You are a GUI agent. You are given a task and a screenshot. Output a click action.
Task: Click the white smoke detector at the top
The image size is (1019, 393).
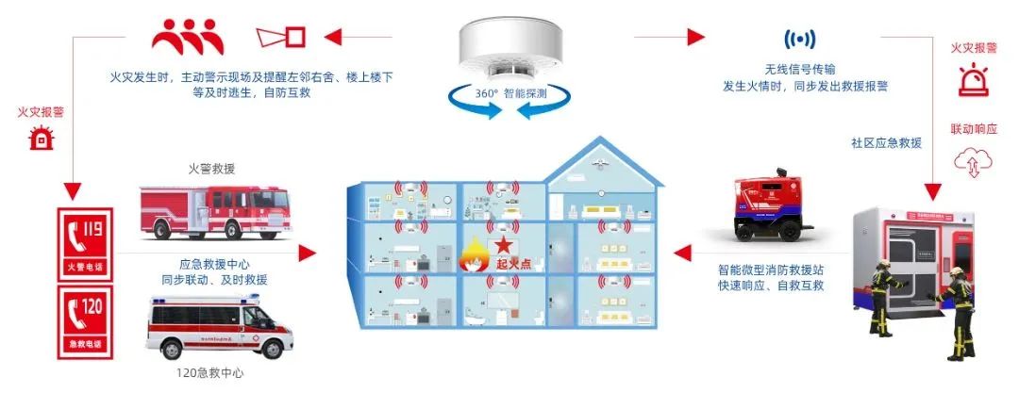(509, 48)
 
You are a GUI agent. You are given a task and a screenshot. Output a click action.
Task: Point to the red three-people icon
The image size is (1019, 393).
(189, 36)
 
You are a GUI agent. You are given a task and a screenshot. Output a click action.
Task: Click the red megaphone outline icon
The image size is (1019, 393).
(282, 37)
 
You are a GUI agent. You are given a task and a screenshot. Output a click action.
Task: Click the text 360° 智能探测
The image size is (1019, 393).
(510, 95)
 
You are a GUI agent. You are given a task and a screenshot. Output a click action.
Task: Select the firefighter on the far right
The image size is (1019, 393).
(959, 312)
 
